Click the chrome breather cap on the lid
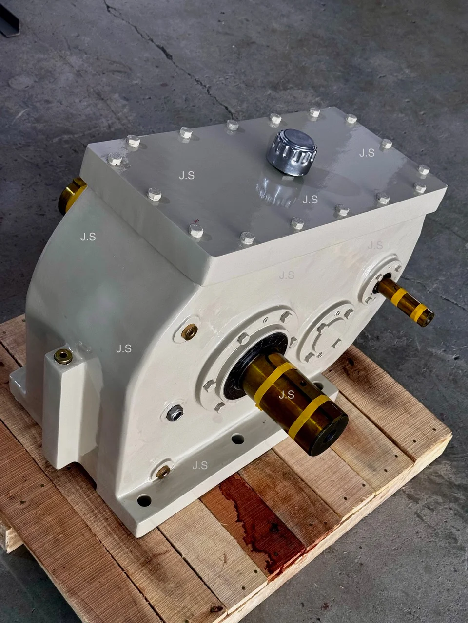tap(292, 153)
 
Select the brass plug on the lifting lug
tap(63, 356)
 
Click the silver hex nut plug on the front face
tap(174, 413)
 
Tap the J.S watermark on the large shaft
tap(287, 395)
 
